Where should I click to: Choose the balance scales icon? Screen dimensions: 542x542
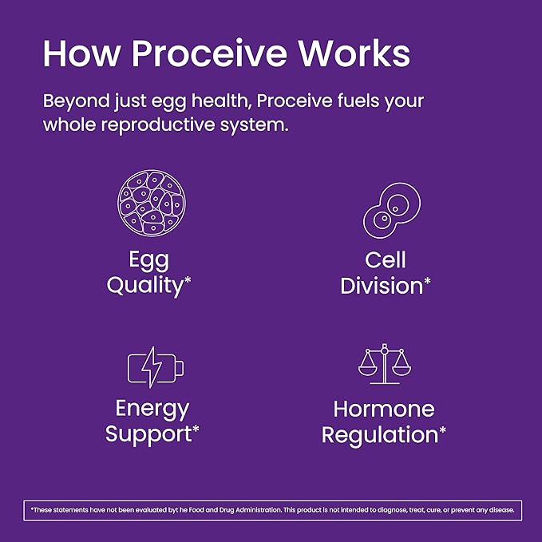click(x=384, y=363)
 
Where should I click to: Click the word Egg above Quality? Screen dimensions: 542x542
click(x=148, y=260)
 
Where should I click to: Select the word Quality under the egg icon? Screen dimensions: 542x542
click(x=144, y=286)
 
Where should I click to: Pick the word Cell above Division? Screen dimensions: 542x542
click(x=386, y=260)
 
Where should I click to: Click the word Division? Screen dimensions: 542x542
click(x=381, y=286)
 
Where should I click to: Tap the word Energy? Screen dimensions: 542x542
click(x=152, y=409)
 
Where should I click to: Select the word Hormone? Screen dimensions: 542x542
click(x=383, y=409)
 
